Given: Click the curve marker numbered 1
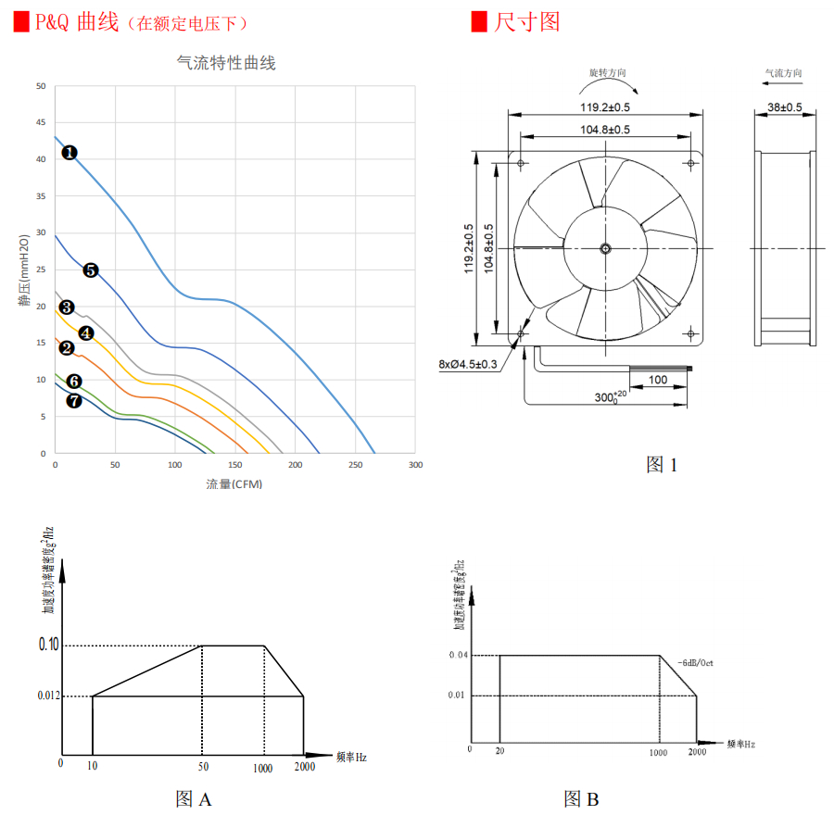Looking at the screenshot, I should coord(69,152).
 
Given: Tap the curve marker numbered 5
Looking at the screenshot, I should coord(91,270).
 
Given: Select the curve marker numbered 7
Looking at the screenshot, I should coord(74,400).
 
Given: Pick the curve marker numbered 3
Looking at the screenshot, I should coord(67,307).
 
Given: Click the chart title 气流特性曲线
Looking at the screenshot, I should coord(226,63).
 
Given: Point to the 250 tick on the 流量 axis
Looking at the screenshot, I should coord(355,465).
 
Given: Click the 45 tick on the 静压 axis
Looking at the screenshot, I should coord(40,123).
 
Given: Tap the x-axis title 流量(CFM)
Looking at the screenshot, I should coord(234,484).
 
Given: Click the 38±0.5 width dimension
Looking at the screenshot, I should coord(785,107).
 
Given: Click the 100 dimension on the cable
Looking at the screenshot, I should coord(657,380).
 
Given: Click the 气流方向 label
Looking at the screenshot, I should coord(783,72).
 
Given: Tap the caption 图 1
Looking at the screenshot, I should coord(662,465).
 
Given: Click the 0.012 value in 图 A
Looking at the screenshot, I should coord(46,696).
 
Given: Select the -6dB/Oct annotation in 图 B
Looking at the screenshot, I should coord(694,663).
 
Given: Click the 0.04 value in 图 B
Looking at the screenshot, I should coord(457,656).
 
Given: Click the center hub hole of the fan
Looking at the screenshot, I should coord(605,248).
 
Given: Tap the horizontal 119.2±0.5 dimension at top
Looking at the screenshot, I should coord(605,107).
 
